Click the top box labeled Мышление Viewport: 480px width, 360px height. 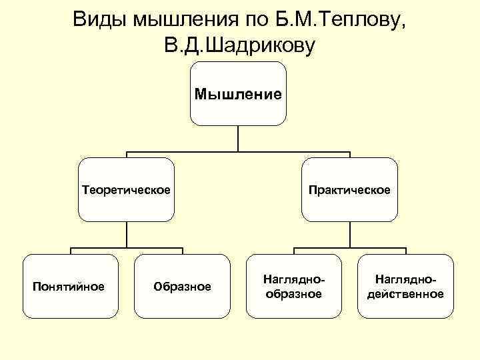coord(238,94)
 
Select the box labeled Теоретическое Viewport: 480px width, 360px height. coord(126,190)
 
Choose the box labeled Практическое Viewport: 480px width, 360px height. coord(349,190)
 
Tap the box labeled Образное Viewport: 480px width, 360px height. coord(182,286)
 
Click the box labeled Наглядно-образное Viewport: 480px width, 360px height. coord(293,286)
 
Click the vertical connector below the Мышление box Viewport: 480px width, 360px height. coord(238,139)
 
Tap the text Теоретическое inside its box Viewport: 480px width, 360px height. coord(126,190)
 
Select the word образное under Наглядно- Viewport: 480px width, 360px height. coord(293,293)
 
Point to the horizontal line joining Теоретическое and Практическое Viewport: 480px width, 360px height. coord(238,153)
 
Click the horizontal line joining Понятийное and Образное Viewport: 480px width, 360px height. coord(126,249)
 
